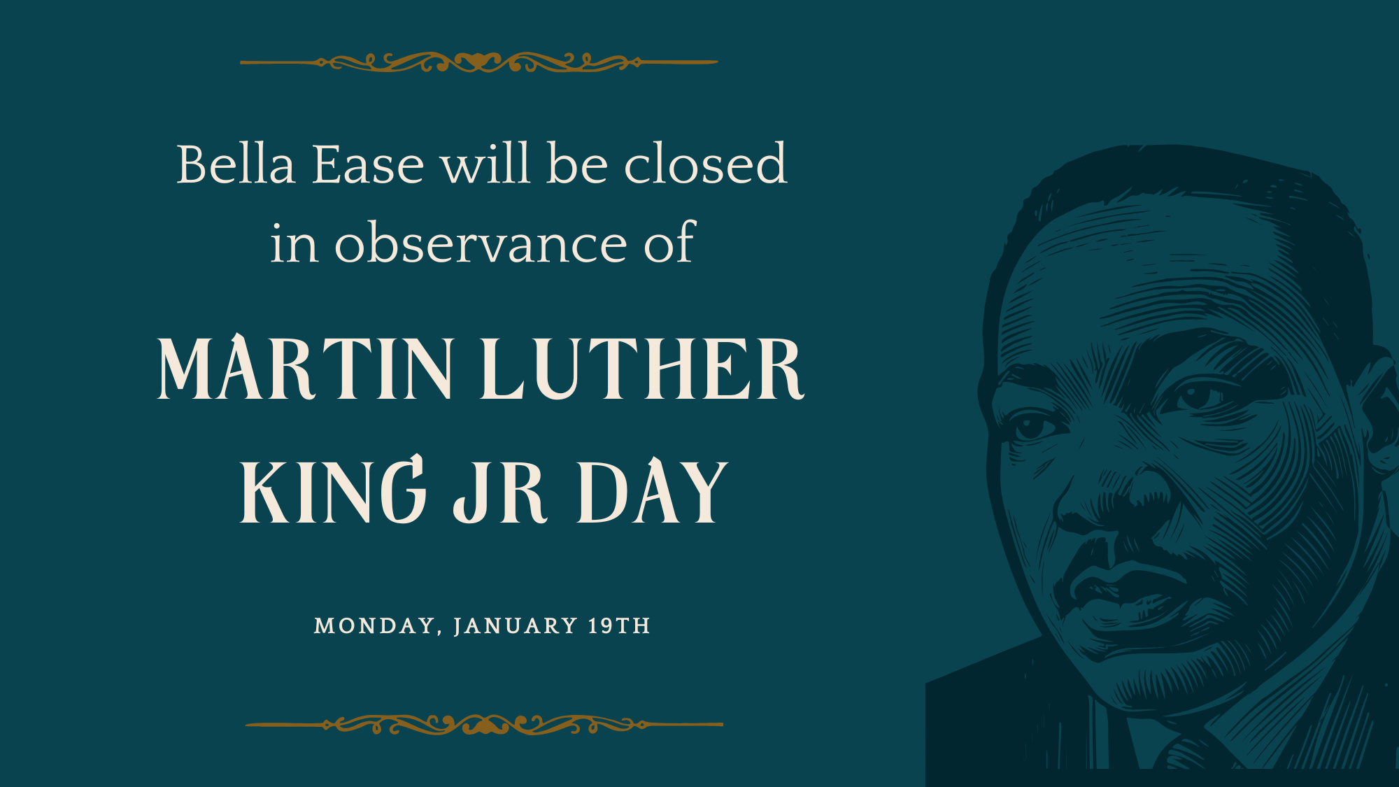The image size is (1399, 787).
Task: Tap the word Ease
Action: tap(368, 164)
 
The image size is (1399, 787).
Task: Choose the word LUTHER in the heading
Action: tap(642, 368)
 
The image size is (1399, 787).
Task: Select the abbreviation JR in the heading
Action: tap(500, 491)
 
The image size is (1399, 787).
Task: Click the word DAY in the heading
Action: tap(652, 490)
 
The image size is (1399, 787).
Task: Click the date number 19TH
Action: tap(619, 625)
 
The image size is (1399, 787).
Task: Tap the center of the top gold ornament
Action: tap(479, 62)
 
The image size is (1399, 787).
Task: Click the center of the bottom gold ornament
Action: tap(484, 725)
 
